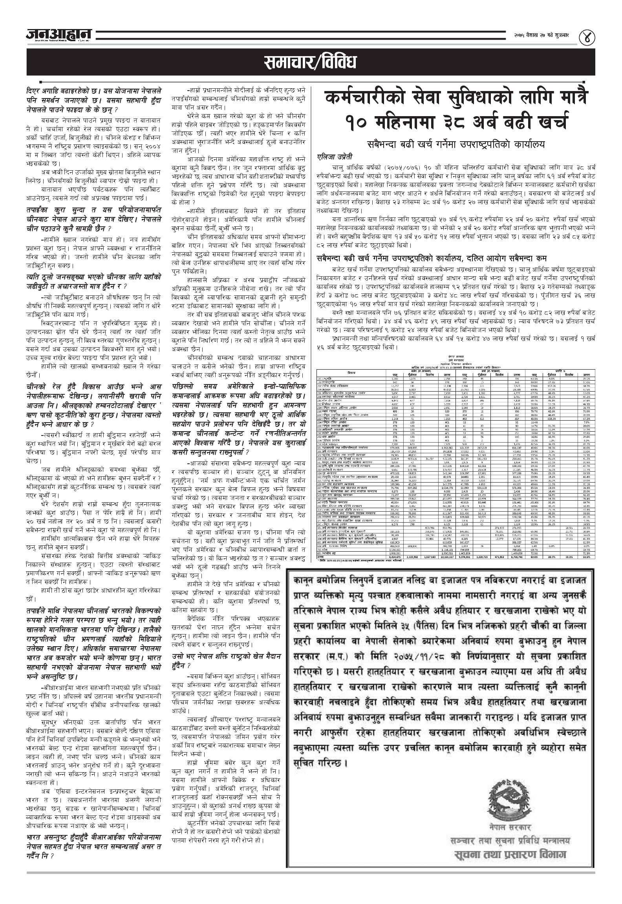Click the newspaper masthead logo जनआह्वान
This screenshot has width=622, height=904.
click(59, 35)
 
